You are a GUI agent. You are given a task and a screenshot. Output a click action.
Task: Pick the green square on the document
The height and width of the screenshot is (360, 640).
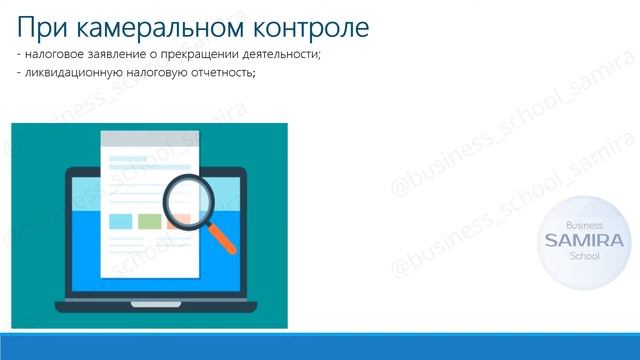click(149, 221)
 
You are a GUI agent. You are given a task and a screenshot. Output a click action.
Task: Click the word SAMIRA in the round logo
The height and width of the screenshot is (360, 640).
click(583, 241)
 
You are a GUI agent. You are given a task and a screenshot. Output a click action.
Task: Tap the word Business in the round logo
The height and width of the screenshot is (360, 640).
click(583, 226)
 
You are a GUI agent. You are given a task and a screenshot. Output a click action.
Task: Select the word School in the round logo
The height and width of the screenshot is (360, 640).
click(583, 256)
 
